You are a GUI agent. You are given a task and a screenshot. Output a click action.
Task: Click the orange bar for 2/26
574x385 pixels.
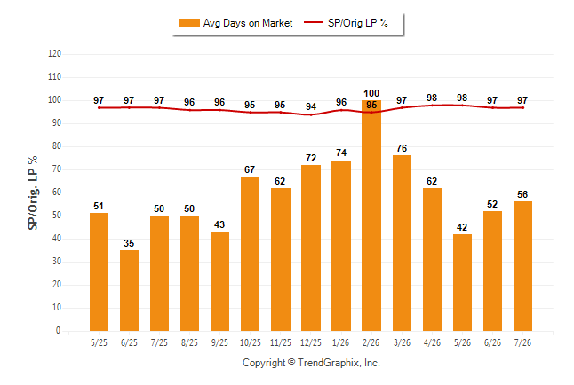(x=371, y=216)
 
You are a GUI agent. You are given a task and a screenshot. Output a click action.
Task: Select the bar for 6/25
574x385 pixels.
(x=129, y=290)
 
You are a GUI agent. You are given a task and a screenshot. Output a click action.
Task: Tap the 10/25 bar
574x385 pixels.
(x=250, y=254)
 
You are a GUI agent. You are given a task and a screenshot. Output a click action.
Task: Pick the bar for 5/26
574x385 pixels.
(x=462, y=282)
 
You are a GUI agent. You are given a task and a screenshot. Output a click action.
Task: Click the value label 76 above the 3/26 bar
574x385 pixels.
(x=402, y=148)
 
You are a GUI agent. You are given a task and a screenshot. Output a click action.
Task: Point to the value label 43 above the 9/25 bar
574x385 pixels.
(x=219, y=224)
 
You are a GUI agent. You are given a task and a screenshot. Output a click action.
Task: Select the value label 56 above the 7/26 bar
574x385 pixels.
(x=522, y=194)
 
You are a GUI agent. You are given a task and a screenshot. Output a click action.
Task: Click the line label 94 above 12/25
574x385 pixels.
(x=311, y=106)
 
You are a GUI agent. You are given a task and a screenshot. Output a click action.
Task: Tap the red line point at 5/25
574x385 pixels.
(x=99, y=108)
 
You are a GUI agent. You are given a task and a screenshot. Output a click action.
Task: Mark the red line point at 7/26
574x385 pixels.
(x=522, y=108)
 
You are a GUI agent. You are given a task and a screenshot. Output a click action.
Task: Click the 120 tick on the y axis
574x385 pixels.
(x=54, y=54)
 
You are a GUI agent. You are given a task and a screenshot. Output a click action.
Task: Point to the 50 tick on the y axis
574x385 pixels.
(x=57, y=216)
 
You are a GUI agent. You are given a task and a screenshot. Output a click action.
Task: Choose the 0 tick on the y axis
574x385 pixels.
(x=59, y=331)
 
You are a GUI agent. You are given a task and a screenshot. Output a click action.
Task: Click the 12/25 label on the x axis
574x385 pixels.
(x=311, y=342)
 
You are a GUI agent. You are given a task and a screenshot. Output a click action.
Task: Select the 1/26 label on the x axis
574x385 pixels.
(x=341, y=342)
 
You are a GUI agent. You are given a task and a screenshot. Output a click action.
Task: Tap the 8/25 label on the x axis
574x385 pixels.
(x=189, y=342)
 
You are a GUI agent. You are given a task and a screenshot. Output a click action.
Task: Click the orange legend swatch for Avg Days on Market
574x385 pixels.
(x=189, y=23)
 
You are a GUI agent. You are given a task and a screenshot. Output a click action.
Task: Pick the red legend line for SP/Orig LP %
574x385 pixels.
(x=314, y=23)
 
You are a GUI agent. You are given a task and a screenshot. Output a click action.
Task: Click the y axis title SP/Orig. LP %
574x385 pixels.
(x=33, y=192)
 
